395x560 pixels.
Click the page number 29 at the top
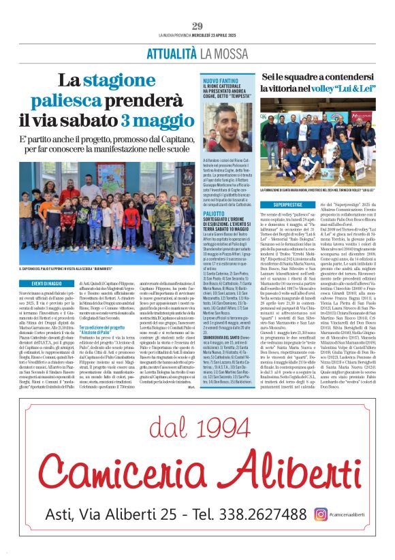click(x=197, y=26)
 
